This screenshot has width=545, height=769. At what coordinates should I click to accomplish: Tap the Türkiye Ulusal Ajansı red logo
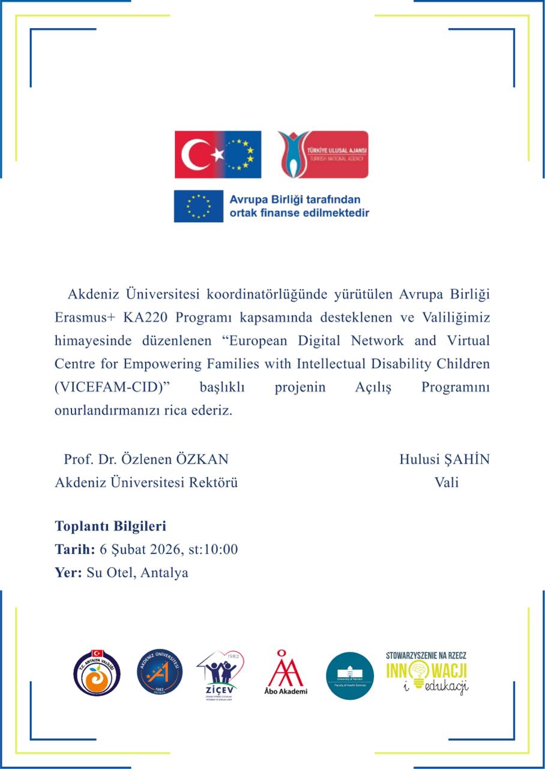[x=323, y=154]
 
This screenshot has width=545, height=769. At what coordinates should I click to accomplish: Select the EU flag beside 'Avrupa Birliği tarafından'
[x=197, y=205]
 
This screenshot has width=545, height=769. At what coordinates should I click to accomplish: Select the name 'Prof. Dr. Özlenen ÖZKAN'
[x=146, y=460]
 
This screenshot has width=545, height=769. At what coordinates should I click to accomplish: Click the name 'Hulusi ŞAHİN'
[x=444, y=460]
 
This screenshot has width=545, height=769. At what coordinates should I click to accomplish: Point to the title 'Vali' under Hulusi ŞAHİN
[x=447, y=482]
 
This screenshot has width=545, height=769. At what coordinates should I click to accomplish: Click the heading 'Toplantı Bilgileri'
[x=110, y=526]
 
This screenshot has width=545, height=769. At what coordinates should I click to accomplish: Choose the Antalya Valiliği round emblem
[x=97, y=673]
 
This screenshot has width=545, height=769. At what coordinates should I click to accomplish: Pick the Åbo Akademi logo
[x=285, y=672]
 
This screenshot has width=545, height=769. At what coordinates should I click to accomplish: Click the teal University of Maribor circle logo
[x=349, y=675]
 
